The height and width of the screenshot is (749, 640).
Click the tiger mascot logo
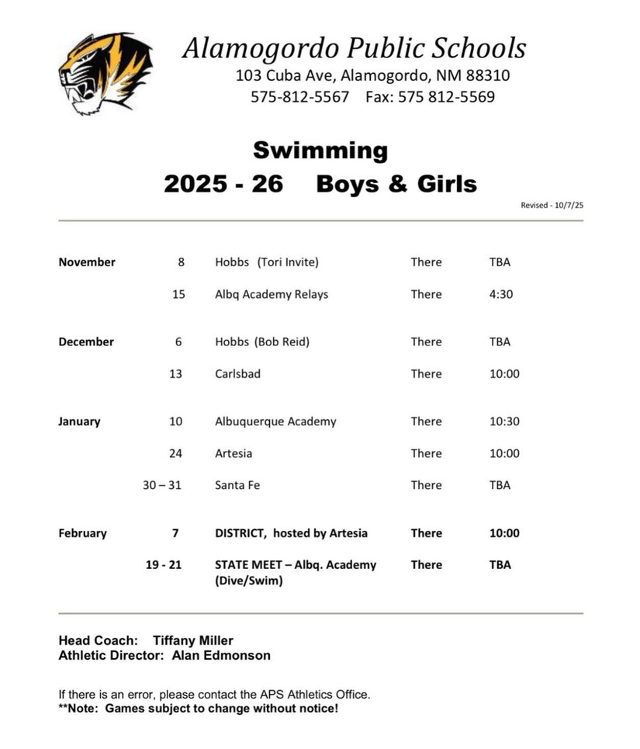pyautogui.click(x=105, y=74)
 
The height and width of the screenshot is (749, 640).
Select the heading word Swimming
pyautogui.click(x=320, y=150)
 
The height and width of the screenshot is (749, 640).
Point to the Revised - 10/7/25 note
pyautogui.click(x=551, y=206)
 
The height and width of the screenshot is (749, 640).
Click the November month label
pyautogui.click(x=87, y=262)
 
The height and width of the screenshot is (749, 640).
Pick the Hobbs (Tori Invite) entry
pyautogui.click(x=267, y=262)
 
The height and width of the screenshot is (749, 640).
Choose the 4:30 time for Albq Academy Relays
pyautogui.click(x=501, y=294)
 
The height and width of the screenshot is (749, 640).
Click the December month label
pyautogui.click(x=86, y=342)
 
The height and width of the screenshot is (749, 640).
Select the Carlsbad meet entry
pyautogui.click(x=237, y=374)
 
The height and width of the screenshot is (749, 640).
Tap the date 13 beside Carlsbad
pyautogui.click(x=175, y=374)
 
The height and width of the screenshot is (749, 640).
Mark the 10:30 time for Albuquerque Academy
pyautogui.click(x=504, y=421)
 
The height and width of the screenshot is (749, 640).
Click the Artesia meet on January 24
pyautogui.click(x=234, y=453)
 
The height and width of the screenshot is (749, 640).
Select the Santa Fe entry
pyautogui.click(x=237, y=485)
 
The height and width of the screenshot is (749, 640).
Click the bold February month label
pyautogui.click(x=83, y=533)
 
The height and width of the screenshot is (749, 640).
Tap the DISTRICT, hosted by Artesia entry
pyautogui.click(x=291, y=533)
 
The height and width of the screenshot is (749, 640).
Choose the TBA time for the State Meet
pyautogui.click(x=500, y=565)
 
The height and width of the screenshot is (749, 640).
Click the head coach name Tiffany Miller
pyautogui.click(x=192, y=640)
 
